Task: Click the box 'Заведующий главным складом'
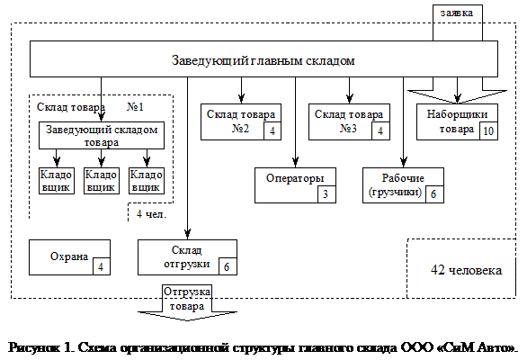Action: (263, 59)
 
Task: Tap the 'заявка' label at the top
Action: (457, 13)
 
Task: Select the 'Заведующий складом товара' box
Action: (102, 136)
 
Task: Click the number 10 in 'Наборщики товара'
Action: (488, 130)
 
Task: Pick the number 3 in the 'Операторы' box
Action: (326, 194)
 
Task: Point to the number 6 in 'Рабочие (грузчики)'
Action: (433, 194)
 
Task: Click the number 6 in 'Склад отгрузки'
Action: (227, 266)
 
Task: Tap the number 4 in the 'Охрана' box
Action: (101, 266)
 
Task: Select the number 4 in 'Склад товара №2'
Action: (272, 130)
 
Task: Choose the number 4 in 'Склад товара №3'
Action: (380, 130)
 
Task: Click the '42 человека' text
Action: (466, 270)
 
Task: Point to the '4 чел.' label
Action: (151, 214)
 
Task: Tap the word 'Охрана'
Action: (69, 256)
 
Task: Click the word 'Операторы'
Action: (295, 178)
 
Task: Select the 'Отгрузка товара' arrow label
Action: (187, 299)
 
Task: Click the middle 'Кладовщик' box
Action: (102, 181)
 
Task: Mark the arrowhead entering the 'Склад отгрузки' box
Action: (188, 235)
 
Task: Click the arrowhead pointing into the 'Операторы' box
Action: (296, 163)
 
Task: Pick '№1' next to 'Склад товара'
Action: (136, 107)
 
